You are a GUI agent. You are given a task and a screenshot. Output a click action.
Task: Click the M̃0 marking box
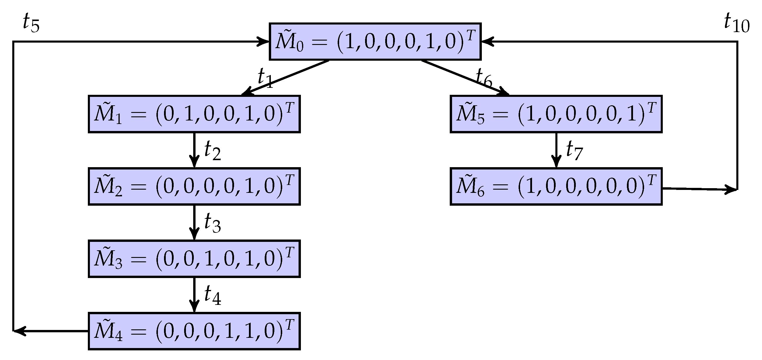[x=375, y=41]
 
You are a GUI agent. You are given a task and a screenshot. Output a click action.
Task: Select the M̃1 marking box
[x=194, y=114]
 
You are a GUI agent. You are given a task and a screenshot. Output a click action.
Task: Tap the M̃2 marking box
[x=194, y=186]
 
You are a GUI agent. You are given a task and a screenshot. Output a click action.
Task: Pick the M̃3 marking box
[x=194, y=259]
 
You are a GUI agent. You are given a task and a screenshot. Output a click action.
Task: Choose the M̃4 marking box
[x=194, y=331]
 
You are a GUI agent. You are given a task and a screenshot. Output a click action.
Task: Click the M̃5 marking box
[x=556, y=114]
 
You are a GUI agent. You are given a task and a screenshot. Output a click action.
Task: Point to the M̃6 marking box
[x=556, y=186]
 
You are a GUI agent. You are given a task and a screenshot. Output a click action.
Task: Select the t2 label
[x=212, y=151]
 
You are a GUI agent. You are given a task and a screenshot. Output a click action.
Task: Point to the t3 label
[x=212, y=223]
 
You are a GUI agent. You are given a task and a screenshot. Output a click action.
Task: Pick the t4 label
[x=212, y=296]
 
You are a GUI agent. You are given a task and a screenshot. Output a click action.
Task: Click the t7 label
[x=574, y=151]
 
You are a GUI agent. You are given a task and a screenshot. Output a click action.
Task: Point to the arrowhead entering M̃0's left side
[x=263, y=42]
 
